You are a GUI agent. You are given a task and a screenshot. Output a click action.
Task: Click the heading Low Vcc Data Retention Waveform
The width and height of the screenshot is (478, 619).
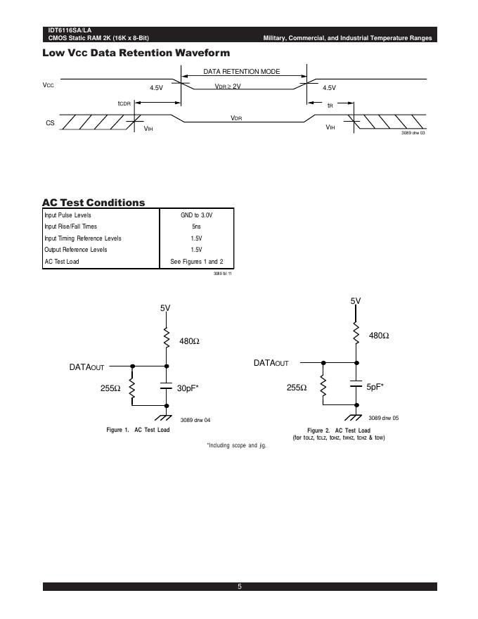pyautogui.click(x=136, y=53)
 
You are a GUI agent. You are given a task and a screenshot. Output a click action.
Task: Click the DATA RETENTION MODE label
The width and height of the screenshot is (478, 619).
pyautogui.click(x=242, y=72)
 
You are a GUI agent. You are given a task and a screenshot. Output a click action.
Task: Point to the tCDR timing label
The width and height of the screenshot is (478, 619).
pyautogui.click(x=124, y=103)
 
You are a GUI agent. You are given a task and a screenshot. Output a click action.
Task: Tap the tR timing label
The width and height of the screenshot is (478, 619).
pyautogui.click(x=330, y=105)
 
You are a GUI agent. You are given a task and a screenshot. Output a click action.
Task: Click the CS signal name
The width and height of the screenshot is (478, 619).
pyautogui.click(x=50, y=123)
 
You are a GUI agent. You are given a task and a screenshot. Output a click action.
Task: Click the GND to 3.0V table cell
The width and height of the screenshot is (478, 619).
pyautogui.click(x=196, y=215)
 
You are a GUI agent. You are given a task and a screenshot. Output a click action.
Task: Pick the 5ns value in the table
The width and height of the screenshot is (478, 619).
pyautogui.click(x=196, y=226)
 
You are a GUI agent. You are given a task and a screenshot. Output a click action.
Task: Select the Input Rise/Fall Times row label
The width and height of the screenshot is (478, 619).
pyautogui.click(x=70, y=226)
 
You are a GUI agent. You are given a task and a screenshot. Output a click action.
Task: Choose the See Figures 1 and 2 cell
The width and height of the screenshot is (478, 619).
pyautogui.click(x=196, y=262)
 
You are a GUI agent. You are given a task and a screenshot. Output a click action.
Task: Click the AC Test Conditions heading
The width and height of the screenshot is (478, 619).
pyautogui.click(x=93, y=203)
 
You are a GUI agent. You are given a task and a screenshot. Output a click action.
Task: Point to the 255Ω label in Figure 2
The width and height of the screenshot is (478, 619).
pyautogui.click(x=298, y=388)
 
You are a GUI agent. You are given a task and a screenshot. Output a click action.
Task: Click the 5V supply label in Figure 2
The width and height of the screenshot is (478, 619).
pyautogui.click(x=356, y=301)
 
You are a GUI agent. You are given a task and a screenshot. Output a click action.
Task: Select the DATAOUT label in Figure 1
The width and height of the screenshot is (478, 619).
pyautogui.click(x=86, y=367)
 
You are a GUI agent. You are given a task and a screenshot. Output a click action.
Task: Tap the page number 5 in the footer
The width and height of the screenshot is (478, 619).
pyautogui.click(x=240, y=587)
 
